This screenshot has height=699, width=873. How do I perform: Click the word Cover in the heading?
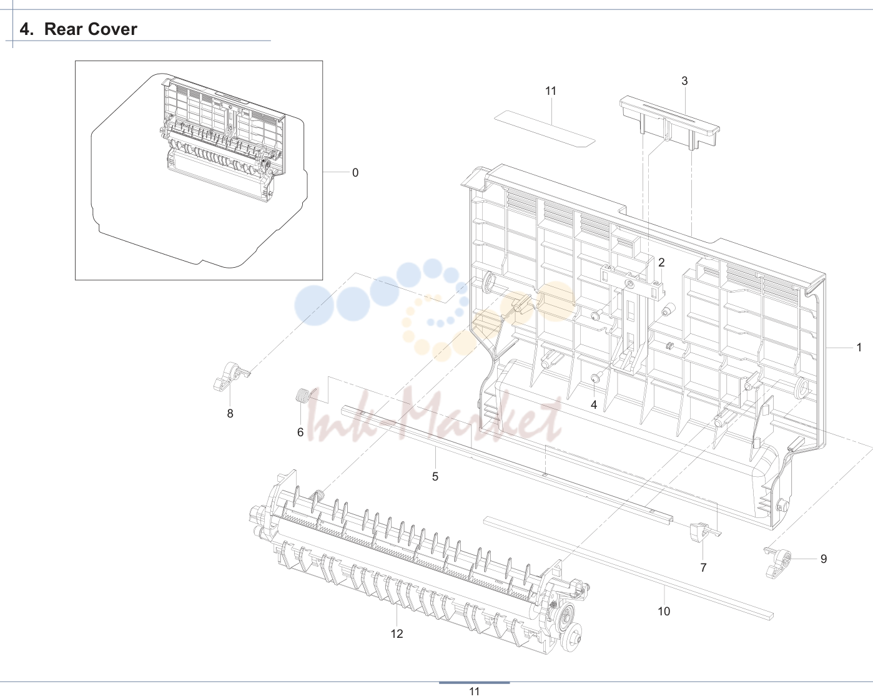112,29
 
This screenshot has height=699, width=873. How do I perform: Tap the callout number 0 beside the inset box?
355,173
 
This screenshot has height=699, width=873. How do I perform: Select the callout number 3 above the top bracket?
684,81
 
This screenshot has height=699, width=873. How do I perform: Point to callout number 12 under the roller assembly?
397,633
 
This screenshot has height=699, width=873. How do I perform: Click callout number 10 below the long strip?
664,611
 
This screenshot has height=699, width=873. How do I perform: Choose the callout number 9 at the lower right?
824,559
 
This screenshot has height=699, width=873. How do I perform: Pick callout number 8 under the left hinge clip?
230,414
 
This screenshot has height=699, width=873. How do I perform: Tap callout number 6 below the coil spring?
300,433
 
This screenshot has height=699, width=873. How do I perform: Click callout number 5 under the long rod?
435,476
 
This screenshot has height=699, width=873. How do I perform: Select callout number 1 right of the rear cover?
859,348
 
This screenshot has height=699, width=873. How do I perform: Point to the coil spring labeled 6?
303,396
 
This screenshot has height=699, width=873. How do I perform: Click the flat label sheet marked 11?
545,129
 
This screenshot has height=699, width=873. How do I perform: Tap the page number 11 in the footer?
474,692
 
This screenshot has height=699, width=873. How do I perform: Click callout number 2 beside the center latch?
661,262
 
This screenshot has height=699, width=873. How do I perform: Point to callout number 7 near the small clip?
703,568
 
